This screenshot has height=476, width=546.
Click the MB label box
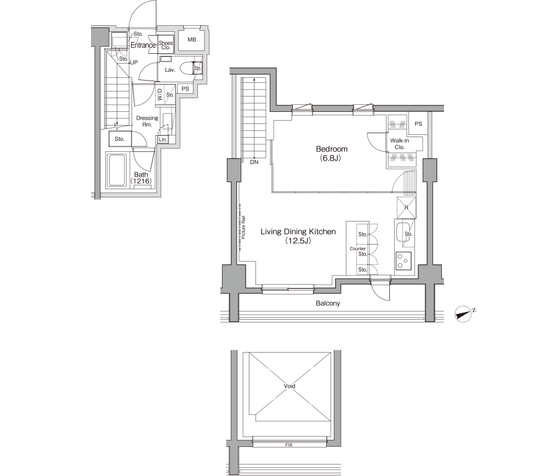tap(191, 39)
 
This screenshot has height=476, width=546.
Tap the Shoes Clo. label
tap(166, 46)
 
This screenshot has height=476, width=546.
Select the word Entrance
tap(143, 46)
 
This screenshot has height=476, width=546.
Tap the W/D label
tap(160, 94)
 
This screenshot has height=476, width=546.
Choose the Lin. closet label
tap(163, 139)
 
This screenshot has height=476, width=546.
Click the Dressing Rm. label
tap(147, 121)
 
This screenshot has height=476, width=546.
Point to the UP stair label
tap(134, 63)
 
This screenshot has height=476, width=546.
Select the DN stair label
tap(254, 162)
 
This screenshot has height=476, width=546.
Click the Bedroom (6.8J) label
tap(332, 154)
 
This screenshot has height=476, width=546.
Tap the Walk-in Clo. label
tap(400, 144)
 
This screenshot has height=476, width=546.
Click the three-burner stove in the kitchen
tap(403, 261)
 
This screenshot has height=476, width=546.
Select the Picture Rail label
tap(243, 227)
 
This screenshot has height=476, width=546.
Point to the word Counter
tap(357, 249)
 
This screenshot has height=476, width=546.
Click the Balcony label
tap(328, 303)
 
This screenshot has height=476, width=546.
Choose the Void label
tap(289, 386)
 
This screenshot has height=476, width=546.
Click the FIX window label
tap(289, 445)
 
